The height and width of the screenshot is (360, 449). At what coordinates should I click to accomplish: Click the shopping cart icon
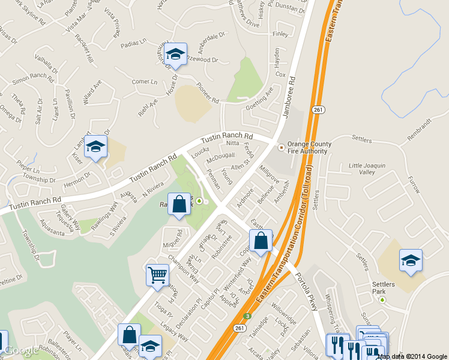click(x=157, y=275)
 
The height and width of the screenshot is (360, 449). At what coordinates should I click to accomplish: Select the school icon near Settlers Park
click(x=411, y=260)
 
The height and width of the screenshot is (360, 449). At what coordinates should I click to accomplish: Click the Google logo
click(x=20, y=350)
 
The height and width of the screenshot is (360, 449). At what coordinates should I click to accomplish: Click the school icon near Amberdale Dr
click(x=175, y=54)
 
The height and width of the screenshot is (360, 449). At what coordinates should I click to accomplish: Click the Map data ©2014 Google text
click(x=412, y=356)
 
